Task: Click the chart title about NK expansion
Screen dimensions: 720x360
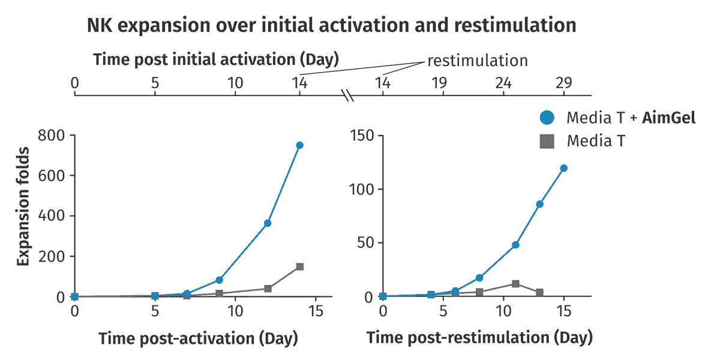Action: tap(331, 25)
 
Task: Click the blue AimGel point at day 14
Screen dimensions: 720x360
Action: tap(299, 145)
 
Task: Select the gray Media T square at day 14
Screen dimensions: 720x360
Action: tap(299, 266)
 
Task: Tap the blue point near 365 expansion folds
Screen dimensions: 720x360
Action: tap(268, 223)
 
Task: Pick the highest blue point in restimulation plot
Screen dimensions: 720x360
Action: tap(564, 168)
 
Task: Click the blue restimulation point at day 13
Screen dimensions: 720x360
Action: tap(539, 204)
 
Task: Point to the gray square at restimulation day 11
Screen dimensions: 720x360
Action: tap(515, 283)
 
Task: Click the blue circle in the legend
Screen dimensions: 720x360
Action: tap(547, 118)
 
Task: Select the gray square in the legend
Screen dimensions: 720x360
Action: tap(547, 142)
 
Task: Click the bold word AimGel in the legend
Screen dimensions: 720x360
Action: tap(668, 118)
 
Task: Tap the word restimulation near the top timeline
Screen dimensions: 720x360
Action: tap(478, 61)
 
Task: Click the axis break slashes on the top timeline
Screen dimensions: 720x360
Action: tap(347, 95)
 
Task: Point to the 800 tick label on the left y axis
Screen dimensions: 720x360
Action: tap(51, 136)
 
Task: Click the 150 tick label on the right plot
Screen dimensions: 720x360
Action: tap(362, 136)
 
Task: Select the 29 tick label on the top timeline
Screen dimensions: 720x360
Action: tap(564, 83)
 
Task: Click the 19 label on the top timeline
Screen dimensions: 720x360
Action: tap(439, 83)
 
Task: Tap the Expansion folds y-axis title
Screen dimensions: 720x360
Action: tap(23, 206)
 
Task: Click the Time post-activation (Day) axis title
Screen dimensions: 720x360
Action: tap(199, 338)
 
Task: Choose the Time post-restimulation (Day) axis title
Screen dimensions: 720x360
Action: tap(479, 338)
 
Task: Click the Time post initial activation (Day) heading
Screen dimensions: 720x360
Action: tap(216, 59)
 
